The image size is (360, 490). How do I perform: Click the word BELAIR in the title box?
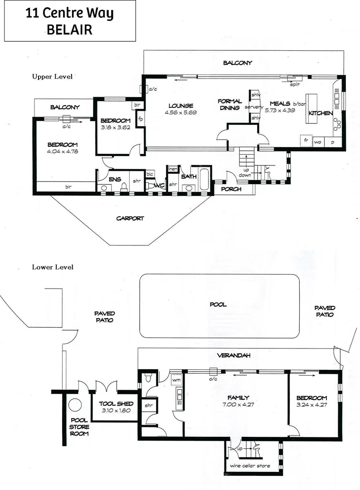pos(69,29)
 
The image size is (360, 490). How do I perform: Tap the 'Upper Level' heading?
pos(52,77)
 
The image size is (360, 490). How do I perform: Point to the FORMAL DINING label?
pos(230,105)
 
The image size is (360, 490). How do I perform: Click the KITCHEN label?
pos(321,113)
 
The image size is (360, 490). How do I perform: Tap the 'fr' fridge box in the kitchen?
pos(306,141)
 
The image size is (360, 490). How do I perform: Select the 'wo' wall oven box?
pos(318,141)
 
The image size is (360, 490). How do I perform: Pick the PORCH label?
pos(231,189)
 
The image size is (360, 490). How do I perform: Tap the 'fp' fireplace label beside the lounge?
pos(141,119)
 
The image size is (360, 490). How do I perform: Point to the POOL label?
pos(218,304)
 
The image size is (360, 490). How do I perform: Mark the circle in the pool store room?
pos(74,404)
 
